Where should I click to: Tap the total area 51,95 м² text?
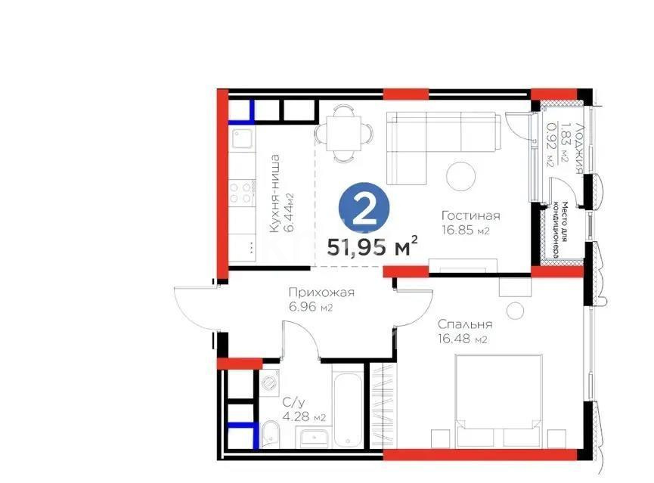coord(373,246)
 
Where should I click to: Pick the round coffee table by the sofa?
coord(461,177)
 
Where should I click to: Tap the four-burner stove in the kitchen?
coord(243,190)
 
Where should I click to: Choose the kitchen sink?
coord(243,140)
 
